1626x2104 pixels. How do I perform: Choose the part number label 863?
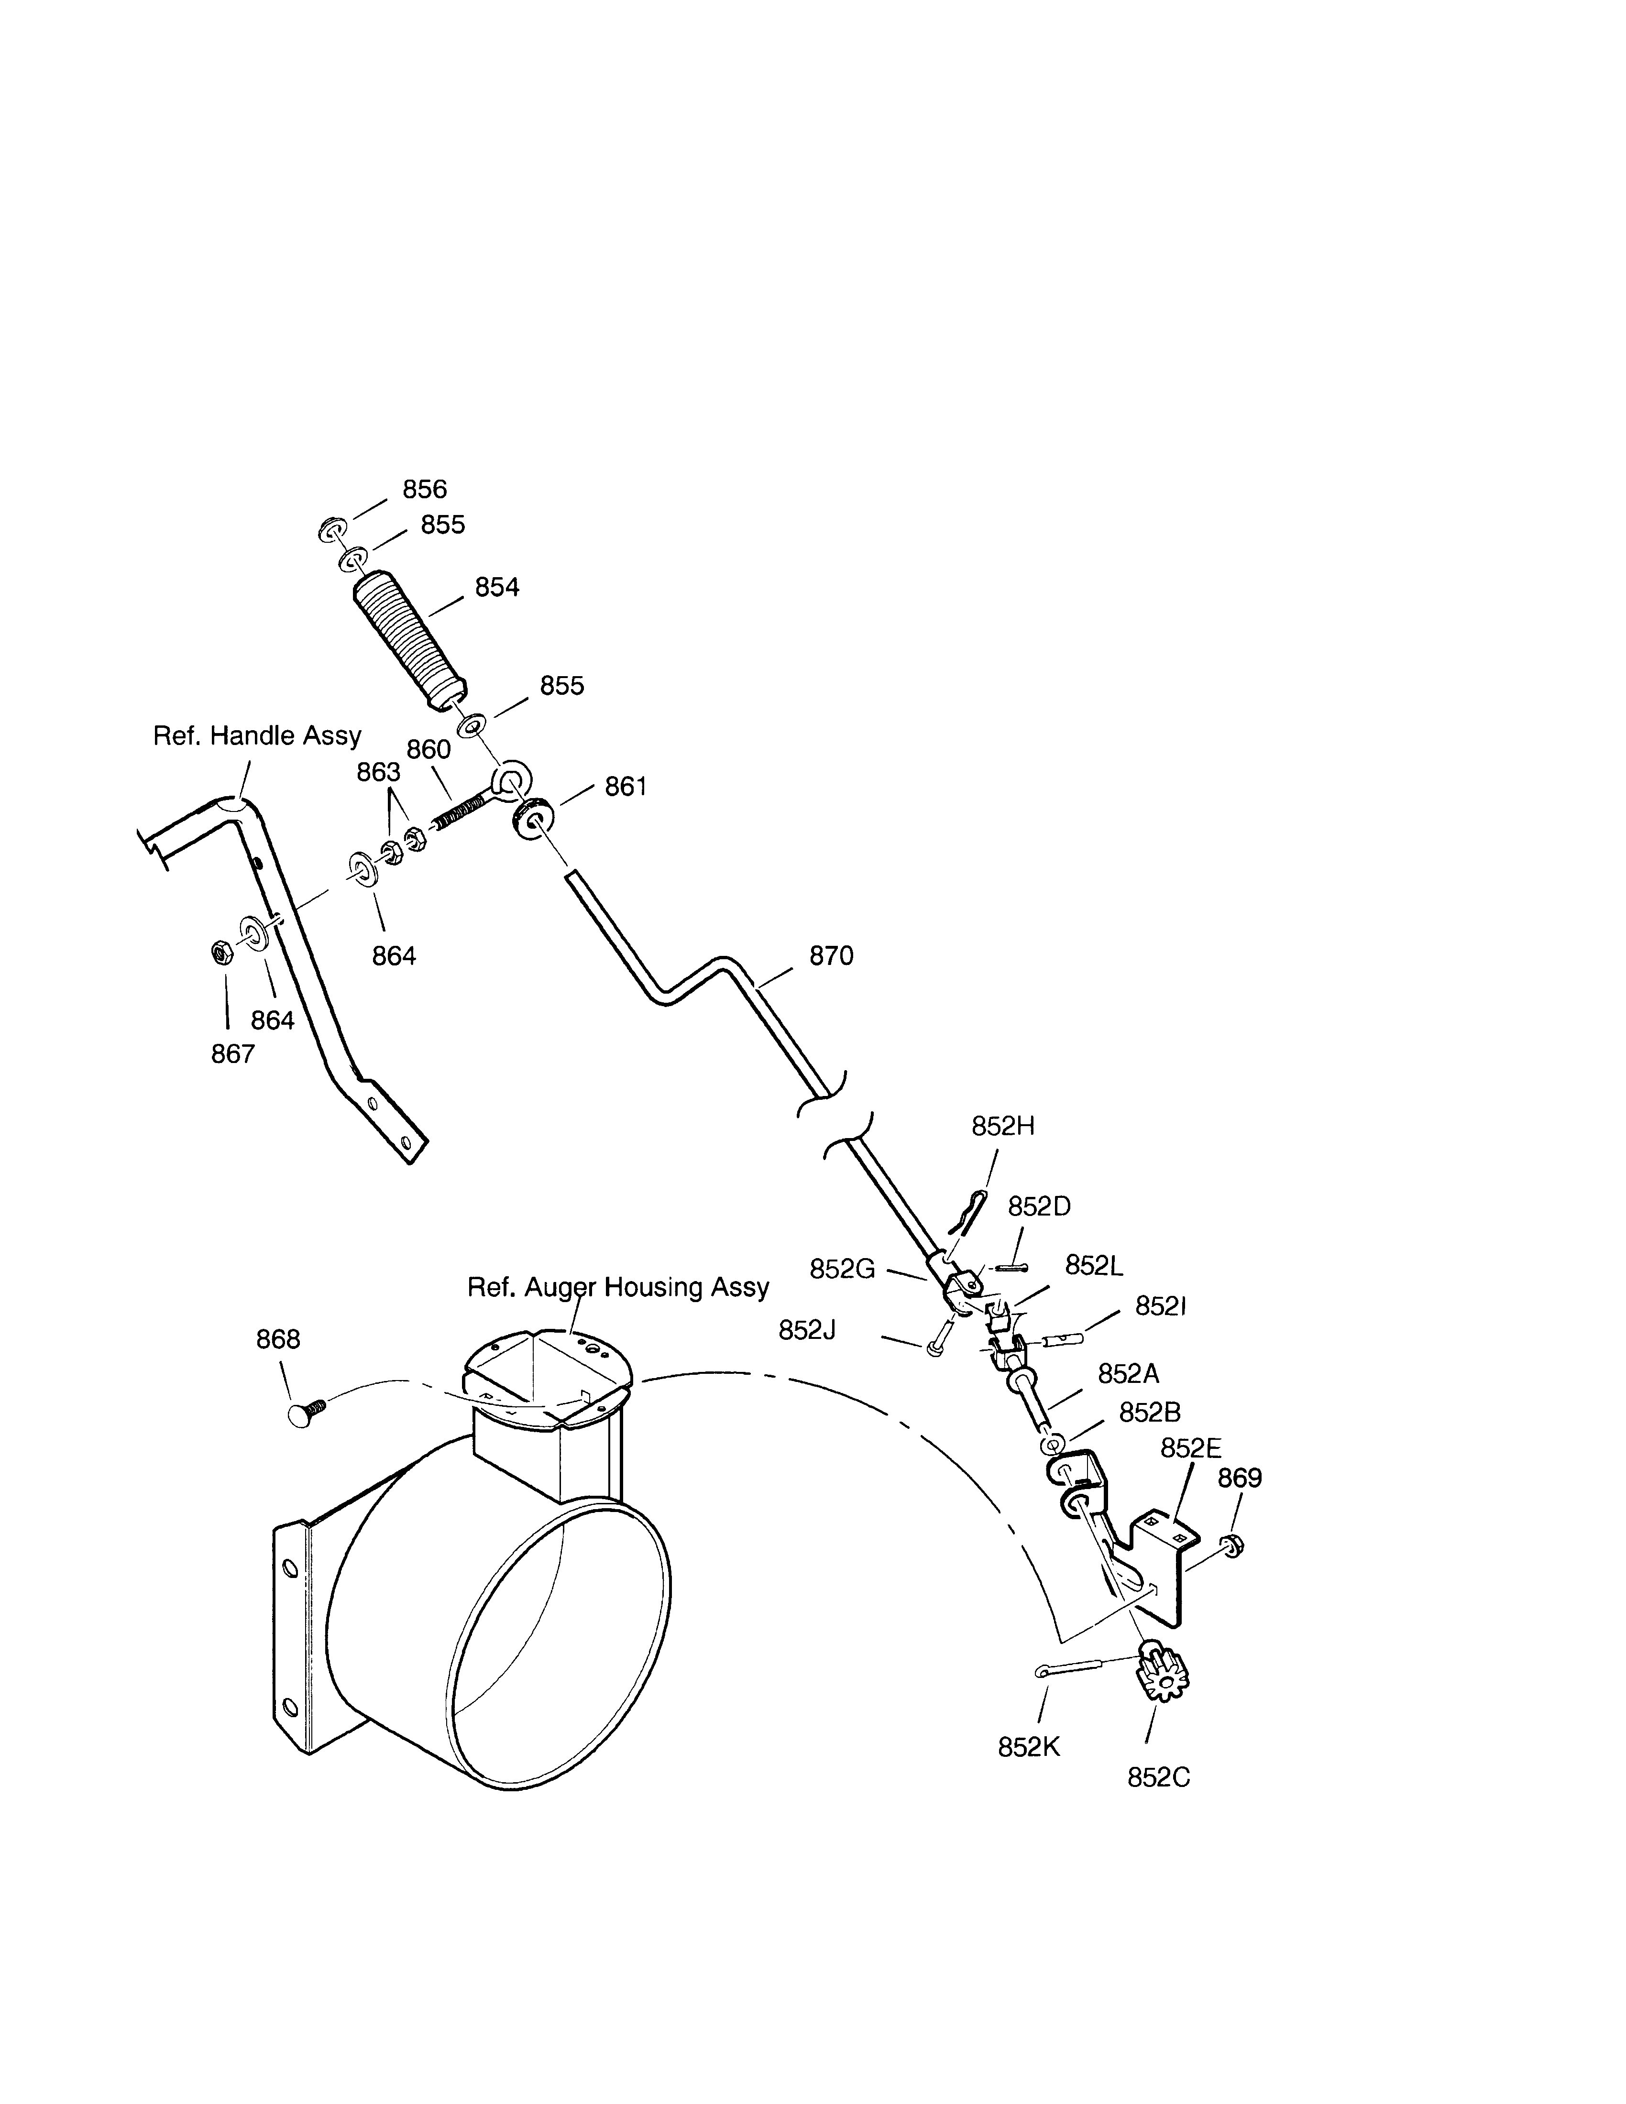click(x=379, y=773)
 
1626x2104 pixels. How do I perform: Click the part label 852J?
click(x=807, y=1330)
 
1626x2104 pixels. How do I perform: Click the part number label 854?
click(x=497, y=588)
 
